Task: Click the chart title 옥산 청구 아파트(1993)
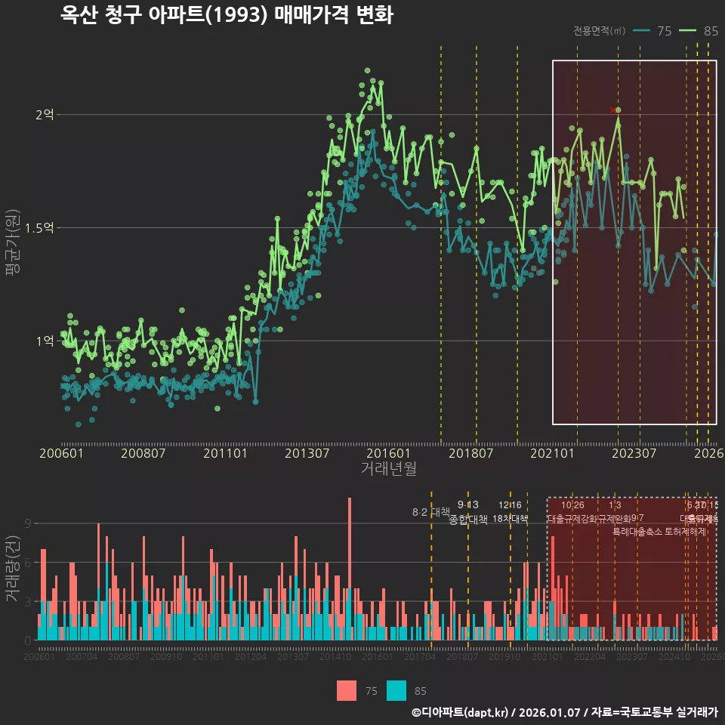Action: pos(227,15)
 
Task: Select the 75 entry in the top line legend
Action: pos(653,31)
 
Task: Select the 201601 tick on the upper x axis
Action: pos(388,454)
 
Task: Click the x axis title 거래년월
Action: pos(388,469)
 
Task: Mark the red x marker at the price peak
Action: pos(612,110)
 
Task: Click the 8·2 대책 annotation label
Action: pos(430,512)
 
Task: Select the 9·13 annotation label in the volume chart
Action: pos(468,505)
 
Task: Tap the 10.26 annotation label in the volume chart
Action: pos(572,505)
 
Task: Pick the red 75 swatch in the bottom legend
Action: pos(347,690)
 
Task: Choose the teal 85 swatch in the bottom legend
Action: pos(396,690)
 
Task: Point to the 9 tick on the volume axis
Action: pos(27,523)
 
